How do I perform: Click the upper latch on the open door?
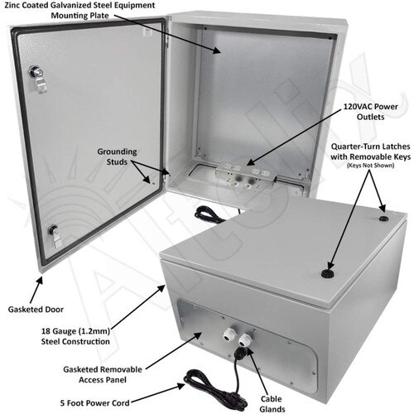click(x=38, y=78)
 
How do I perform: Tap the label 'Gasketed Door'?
click(x=36, y=310)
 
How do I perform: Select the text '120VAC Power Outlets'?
click(x=370, y=112)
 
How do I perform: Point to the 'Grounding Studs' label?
click(x=117, y=156)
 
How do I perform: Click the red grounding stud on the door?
click(x=153, y=183)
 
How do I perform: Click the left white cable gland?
click(x=229, y=335)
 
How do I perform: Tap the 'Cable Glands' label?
click(x=272, y=404)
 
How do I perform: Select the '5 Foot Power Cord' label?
click(x=95, y=403)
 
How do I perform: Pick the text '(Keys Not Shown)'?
click(x=370, y=166)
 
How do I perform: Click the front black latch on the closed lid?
click(x=328, y=273)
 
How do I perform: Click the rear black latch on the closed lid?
click(x=383, y=219)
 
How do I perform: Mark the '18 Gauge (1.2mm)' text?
click(x=75, y=330)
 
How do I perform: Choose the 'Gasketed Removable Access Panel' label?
click(x=103, y=374)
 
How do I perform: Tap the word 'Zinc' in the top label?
click(x=12, y=5)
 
